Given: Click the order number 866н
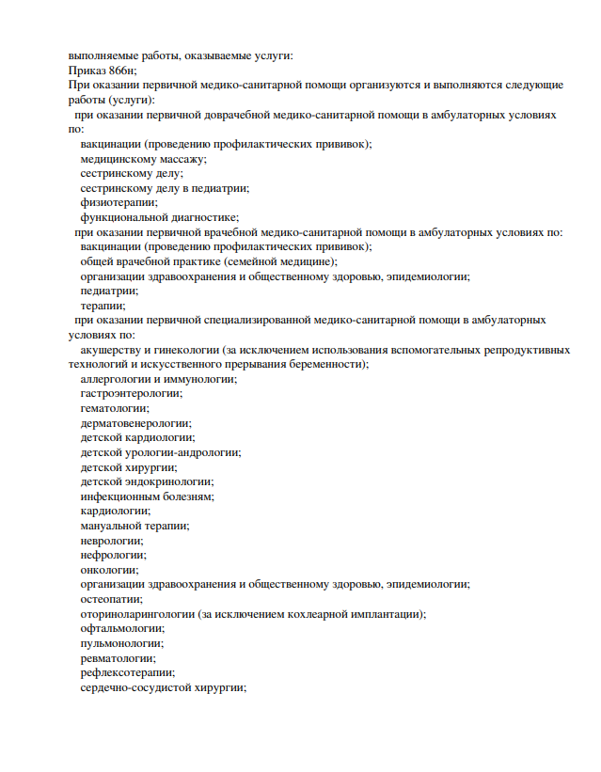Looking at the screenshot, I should tap(119, 71).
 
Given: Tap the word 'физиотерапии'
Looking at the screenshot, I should tap(119, 202).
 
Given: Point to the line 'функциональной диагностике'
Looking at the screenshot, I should tap(159, 217).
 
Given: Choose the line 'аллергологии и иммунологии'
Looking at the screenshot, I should tap(158, 379).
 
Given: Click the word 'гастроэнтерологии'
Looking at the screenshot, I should tap(131, 393).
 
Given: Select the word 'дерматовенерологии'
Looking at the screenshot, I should tap(135, 423).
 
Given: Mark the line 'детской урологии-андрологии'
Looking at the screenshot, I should tap(160, 452).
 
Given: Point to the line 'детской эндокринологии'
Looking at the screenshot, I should tap(147, 481).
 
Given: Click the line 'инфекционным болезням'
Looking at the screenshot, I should tap(147, 496).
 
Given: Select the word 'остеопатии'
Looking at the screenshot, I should tap(112, 598).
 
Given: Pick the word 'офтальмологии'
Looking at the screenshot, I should tap(122, 628).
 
